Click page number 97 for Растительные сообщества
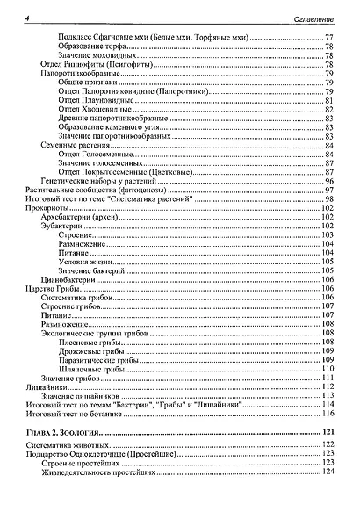pyautogui.click(x=328, y=191)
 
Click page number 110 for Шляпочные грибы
pyautogui.click(x=328, y=370)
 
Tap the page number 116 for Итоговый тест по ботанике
pyautogui.click(x=328, y=414)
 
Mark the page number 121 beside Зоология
pyautogui.click(x=328, y=434)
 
